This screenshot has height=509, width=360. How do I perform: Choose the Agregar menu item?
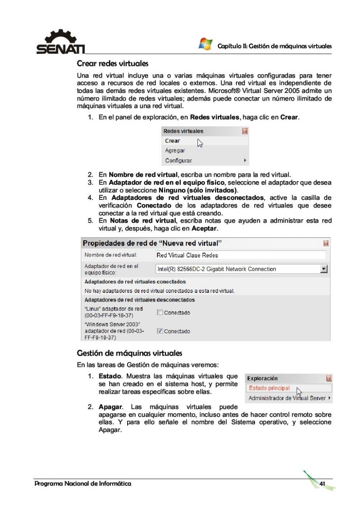tap(174, 151)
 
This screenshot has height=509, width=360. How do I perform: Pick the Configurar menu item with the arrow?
tap(178, 161)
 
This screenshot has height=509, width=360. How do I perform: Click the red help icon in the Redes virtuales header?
tap(245, 131)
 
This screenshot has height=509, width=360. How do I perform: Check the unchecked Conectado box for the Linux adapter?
tap(160, 313)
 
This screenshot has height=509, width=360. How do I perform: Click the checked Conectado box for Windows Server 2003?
tap(160, 331)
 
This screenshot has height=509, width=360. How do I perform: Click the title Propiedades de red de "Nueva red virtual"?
tap(152, 242)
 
